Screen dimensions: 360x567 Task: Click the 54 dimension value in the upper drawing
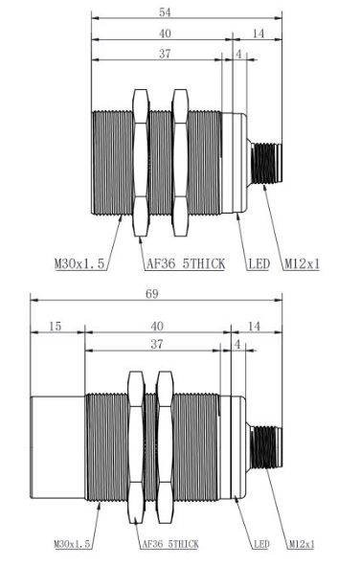click(x=165, y=12)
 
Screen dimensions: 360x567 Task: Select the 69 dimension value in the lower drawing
click(x=152, y=294)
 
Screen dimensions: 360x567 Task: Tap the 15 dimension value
click(x=55, y=327)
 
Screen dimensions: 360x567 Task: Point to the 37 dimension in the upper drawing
click(x=165, y=54)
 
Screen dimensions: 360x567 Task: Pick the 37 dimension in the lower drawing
click(x=156, y=344)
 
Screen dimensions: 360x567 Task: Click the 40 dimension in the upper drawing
click(x=165, y=34)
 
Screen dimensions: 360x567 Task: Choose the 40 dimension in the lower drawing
click(x=156, y=327)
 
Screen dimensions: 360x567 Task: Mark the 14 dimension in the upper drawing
click(x=259, y=34)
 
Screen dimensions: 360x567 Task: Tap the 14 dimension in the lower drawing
click(x=254, y=327)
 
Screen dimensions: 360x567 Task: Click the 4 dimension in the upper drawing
click(x=239, y=55)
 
